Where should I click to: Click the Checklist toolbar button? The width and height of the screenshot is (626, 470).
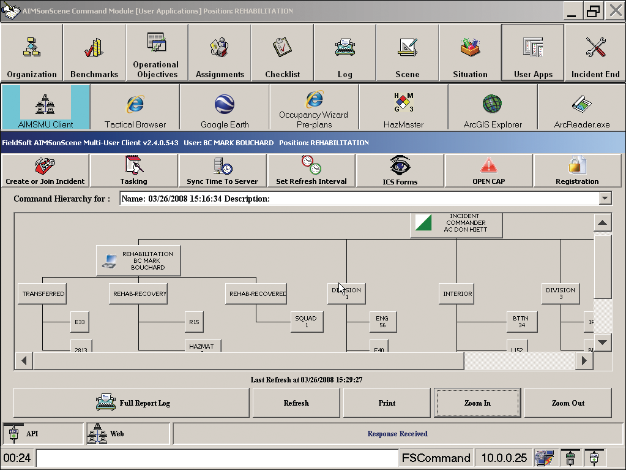click(282, 53)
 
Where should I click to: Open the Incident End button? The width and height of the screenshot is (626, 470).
click(595, 53)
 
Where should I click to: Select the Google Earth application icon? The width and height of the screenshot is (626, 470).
click(224, 107)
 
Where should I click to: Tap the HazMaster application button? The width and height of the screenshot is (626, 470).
click(403, 107)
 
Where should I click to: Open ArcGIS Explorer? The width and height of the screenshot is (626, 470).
click(493, 107)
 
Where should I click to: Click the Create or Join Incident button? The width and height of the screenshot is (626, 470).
click(45, 171)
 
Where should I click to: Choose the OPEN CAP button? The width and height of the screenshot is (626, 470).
click(488, 171)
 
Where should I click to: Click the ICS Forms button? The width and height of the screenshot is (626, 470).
click(400, 171)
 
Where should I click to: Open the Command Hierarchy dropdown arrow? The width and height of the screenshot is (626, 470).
click(605, 199)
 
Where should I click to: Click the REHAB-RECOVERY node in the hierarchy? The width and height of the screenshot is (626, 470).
click(140, 294)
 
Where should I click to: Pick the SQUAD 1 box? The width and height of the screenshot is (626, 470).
click(306, 322)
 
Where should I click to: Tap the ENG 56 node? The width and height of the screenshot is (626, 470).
click(382, 322)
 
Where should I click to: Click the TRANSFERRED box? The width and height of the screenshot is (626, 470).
click(43, 294)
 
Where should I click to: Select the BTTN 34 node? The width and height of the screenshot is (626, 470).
click(521, 322)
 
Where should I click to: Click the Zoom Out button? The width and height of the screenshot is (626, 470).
click(568, 403)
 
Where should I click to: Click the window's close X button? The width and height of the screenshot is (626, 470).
click(615, 11)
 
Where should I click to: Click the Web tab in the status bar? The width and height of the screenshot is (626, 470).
click(127, 434)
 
